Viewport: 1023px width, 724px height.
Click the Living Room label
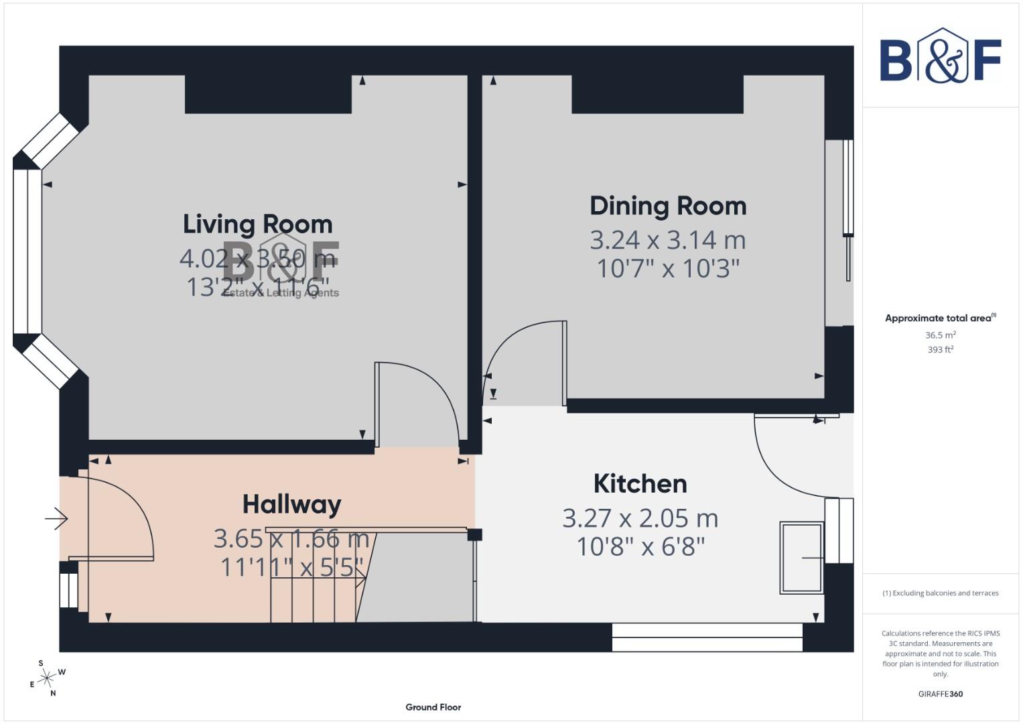(x=257, y=224)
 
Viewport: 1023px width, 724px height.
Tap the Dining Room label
(x=667, y=206)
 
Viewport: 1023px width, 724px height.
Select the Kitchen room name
(x=640, y=484)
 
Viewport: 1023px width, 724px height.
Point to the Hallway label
(x=291, y=504)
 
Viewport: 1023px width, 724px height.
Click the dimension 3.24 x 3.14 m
(x=667, y=240)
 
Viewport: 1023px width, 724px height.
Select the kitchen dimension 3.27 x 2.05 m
(x=640, y=518)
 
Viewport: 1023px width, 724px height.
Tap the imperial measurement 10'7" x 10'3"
(x=667, y=269)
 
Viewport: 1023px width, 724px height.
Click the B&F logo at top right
(x=940, y=57)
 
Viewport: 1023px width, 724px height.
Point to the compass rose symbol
(x=46, y=678)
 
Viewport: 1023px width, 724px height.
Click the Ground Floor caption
(x=433, y=707)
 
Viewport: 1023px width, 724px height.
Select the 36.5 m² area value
(x=940, y=335)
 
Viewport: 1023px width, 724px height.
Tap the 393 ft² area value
(x=940, y=350)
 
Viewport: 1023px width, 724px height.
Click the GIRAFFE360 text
(x=940, y=694)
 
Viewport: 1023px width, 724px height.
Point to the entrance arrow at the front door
(x=57, y=518)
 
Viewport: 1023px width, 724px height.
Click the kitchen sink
(x=801, y=558)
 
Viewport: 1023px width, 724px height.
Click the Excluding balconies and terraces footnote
(x=940, y=593)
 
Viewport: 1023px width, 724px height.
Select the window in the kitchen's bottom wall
(x=707, y=638)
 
